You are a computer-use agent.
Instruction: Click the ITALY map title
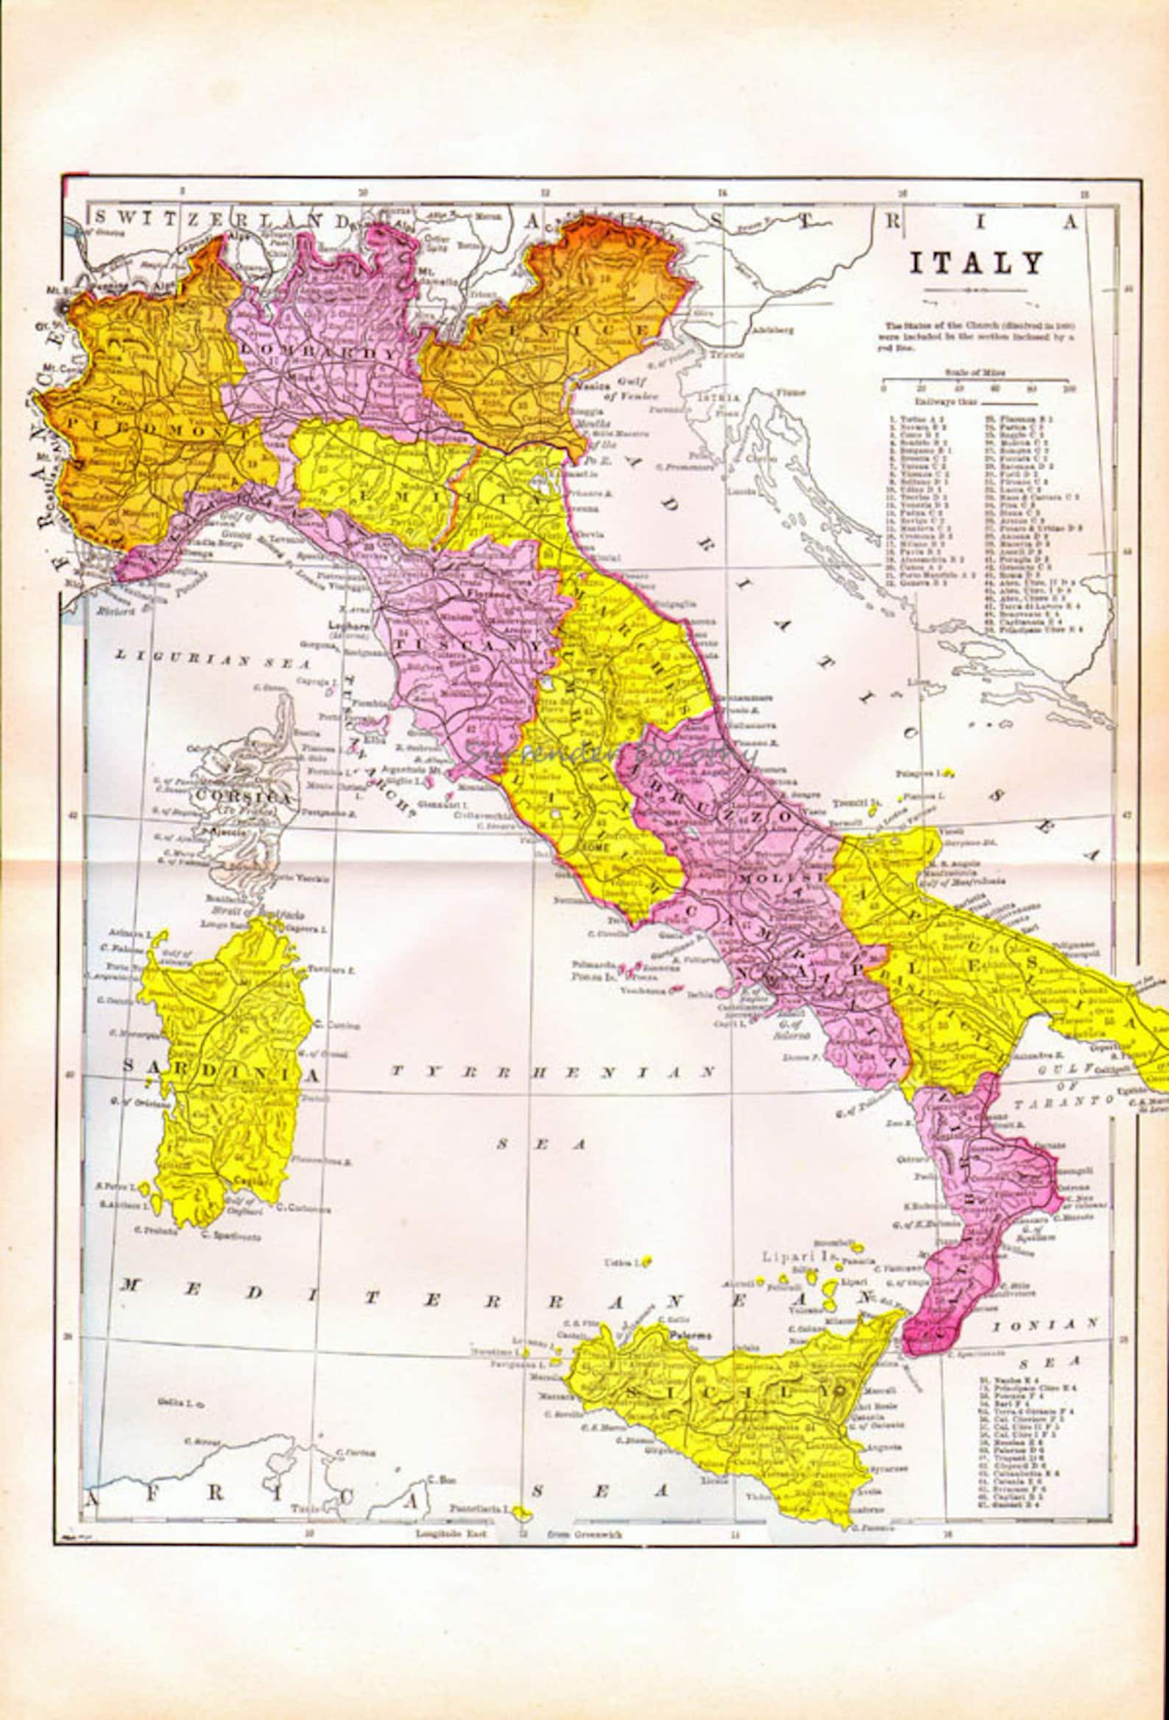click(976, 263)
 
